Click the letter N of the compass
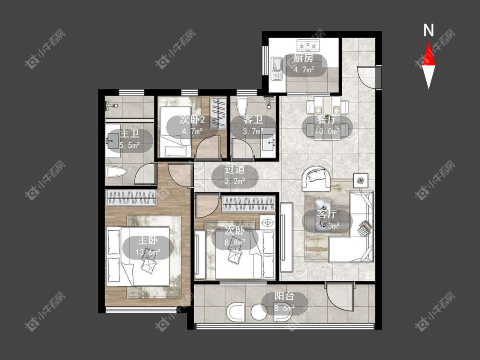(x=428, y=30)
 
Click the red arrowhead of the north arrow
(x=428, y=55)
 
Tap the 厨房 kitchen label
(x=304, y=58)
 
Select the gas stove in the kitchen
(x=308, y=45)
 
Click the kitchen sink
(x=277, y=69)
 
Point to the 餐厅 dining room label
(x=327, y=119)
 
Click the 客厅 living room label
(x=327, y=214)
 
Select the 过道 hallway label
(x=235, y=169)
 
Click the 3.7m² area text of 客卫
(x=253, y=132)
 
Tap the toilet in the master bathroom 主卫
(x=115, y=172)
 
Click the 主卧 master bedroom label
(x=148, y=240)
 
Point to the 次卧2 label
(x=192, y=119)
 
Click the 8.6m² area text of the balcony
(x=285, y=308)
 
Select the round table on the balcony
(x=259, y=312)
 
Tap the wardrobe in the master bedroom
(x=131, y=198)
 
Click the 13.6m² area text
(x=148, y=253)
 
